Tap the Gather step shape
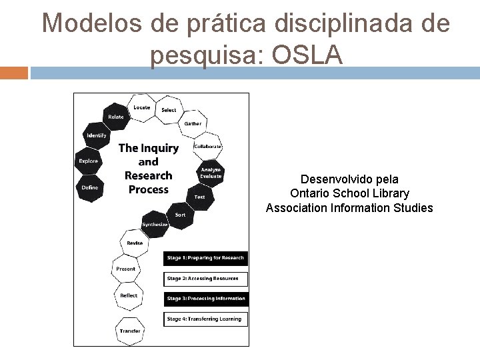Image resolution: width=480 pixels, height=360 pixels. click(x=193, y=123)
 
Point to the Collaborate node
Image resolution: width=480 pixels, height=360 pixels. click(x=207, y=146)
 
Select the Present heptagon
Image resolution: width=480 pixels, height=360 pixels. click(x=125, y=269)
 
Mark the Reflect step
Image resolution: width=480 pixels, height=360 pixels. click(x=129, y=295)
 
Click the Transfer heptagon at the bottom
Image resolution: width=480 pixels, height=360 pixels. click(x=129, y=330)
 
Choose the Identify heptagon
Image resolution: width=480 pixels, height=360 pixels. click(x=95, y=136)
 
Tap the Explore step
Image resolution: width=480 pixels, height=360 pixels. click(x=88, y=161)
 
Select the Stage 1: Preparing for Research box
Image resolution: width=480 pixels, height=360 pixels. click(x=205, y=258)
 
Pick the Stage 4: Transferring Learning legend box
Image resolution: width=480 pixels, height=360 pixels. click(x=205, y=319)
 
